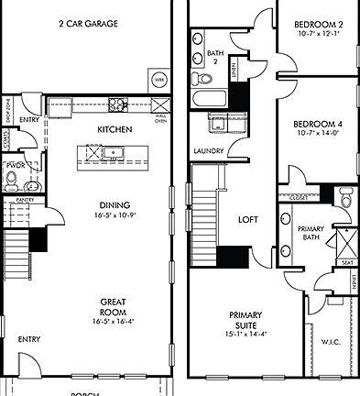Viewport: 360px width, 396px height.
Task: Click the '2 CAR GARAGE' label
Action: pos(88,24)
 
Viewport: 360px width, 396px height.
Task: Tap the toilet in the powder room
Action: pos(11,181)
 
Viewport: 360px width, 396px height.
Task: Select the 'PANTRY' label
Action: pos(25,199)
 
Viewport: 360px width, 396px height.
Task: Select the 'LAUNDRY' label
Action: pos(210,150)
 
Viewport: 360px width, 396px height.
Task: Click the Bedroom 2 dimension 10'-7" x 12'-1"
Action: pos(318,34)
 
